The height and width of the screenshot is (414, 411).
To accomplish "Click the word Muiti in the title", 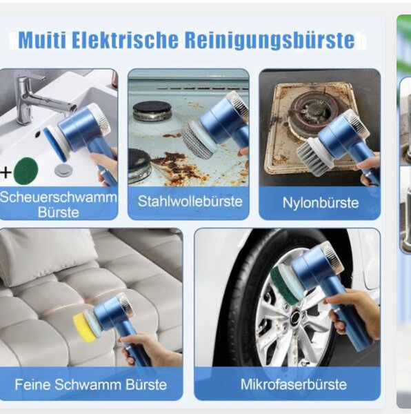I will point(42,40).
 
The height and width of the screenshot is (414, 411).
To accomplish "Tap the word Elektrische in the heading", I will point(125,40).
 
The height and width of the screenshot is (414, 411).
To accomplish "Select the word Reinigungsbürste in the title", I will point(270,40).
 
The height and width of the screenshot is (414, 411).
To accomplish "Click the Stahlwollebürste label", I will point(190,201).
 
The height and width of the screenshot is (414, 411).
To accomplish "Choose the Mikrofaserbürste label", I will point(289,383).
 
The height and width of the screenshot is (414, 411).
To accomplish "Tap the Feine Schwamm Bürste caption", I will point(91,384).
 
